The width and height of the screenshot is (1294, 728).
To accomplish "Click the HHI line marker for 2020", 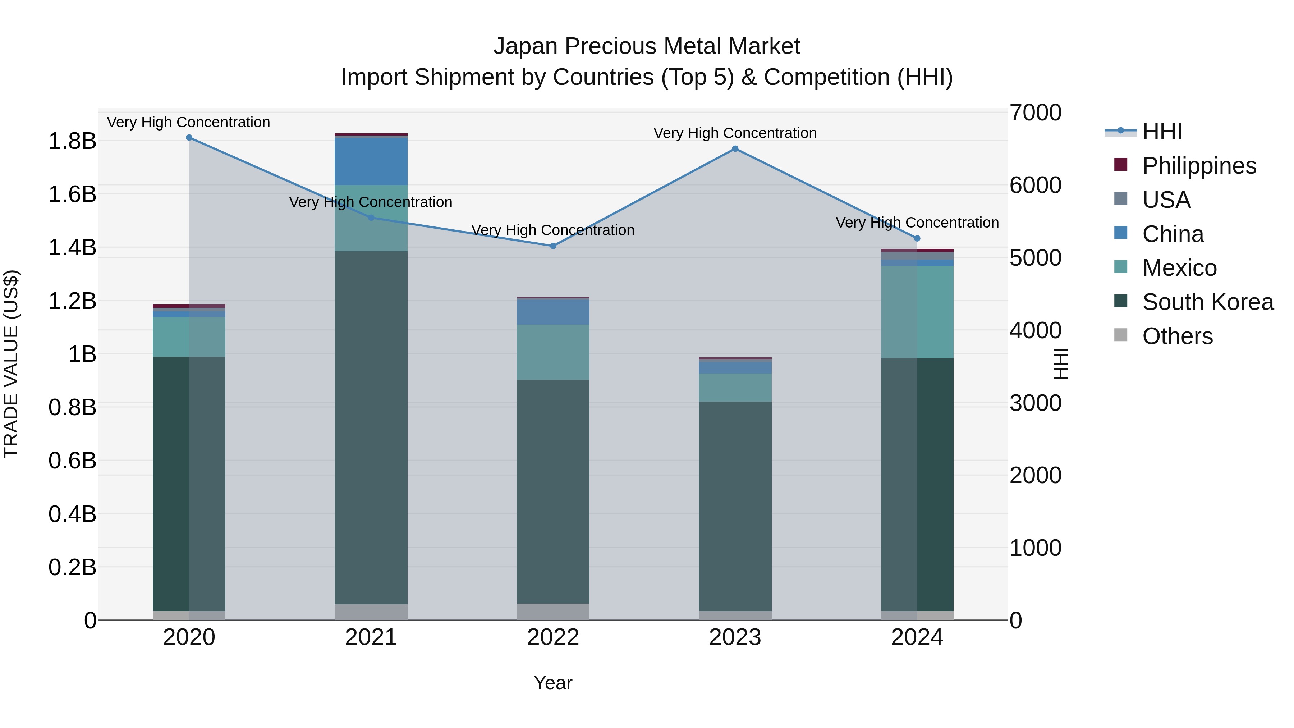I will (x=189, y=138).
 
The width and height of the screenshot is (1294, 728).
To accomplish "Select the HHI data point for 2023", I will (x=735, y=149).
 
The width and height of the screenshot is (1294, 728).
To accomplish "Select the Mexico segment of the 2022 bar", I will (x=553, y=352).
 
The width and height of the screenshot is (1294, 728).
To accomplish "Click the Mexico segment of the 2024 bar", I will (x=917, y=311).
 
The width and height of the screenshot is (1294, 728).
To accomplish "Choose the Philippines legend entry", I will (x=1198, y=166).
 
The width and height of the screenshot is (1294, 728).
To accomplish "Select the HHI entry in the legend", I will (x=1161, y=132).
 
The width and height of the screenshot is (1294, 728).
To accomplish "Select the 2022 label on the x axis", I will (x=553, y=637).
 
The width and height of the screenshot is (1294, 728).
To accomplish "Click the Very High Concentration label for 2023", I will (x=735, y=133).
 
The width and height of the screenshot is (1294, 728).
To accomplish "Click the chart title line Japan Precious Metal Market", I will (x=647, y=46).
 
